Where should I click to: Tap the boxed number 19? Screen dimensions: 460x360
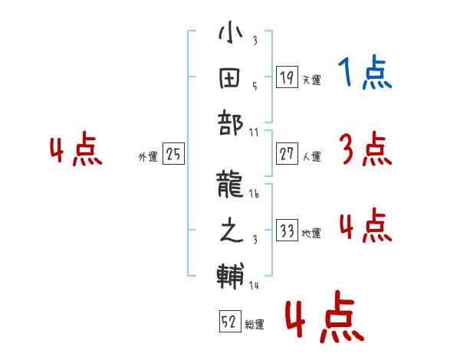pyautogui.click(x=287, y=77)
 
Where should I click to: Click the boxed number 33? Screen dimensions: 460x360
pyautogui.click(x=287, y=231)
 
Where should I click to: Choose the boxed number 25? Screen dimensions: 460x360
pyautogui.click(x=173, y=155)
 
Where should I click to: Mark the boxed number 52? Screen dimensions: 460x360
pyautogui.click(x=229, y=322)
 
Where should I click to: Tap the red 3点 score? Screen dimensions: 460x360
pyautogui.click(x=365, y=149)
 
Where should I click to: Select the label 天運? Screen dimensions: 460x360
pyautogui.click(x=311, y=80)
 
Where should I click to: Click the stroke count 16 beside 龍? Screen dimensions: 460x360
pyautogui.click(x=254, y=195)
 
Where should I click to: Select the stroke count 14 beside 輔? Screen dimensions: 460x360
pyautogui.click(x=254, y=285)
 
